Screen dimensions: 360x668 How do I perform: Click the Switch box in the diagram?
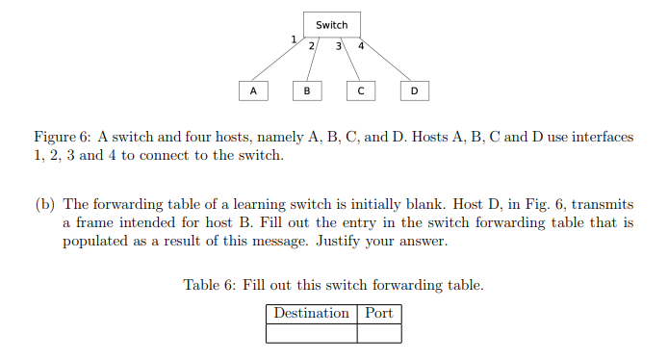click(x=332, y=25)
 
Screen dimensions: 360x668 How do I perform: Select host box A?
click(x=252, y=90)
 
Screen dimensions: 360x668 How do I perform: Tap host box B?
click(x=306, y=90)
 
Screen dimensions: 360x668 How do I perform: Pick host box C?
click(x=360, y=90)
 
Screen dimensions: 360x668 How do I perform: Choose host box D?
click(x=414, y=90)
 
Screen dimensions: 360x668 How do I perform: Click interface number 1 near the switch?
click(x=294, y=39)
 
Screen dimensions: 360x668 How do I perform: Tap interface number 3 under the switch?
click(x=339, y=46)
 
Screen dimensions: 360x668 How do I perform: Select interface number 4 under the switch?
click(x=360, y=46)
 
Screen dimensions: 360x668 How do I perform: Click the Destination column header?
click(x=311, y=314)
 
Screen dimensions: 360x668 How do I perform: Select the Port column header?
click(x=379, y=314)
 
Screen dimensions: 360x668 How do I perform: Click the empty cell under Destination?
click(x=311, y=333)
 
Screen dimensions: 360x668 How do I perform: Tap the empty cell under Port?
click(x=379, y=333)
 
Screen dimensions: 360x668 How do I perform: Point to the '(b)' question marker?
click(x=45, y=204)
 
